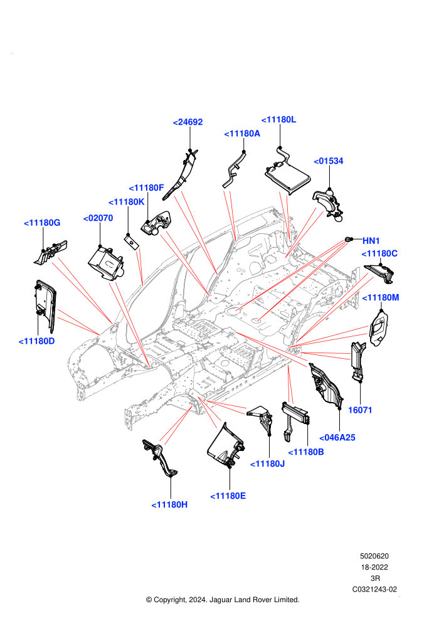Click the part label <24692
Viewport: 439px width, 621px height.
188,122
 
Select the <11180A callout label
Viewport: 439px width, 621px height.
242,134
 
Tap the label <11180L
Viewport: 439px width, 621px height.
278,120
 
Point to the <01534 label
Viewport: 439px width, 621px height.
328,161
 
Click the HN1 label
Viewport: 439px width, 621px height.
371,241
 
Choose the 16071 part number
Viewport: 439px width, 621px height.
360,410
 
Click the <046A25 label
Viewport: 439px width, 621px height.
337,438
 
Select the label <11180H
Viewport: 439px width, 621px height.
169,504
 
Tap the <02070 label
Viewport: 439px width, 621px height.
98,218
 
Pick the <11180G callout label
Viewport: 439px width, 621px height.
42,223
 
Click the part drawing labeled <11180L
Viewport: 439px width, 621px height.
287,172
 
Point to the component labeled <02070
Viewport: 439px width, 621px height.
106,263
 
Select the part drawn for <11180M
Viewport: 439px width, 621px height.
378,328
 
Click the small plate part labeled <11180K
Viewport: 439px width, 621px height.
131,242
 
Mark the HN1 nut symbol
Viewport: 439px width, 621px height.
348,239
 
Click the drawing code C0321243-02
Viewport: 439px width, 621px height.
374,589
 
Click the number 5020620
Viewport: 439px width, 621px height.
374,556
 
